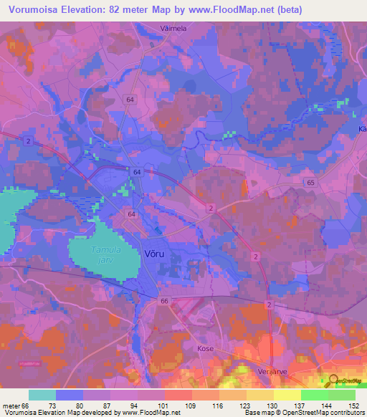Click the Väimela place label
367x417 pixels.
point(171,29)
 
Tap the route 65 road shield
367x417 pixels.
point(309,183)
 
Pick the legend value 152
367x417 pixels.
point(354,406)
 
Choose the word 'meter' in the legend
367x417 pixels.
point(12,406)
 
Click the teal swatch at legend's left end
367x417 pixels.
point(42,395)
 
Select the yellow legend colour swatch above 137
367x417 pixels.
point(287,395)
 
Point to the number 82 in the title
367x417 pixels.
point(120,9)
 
